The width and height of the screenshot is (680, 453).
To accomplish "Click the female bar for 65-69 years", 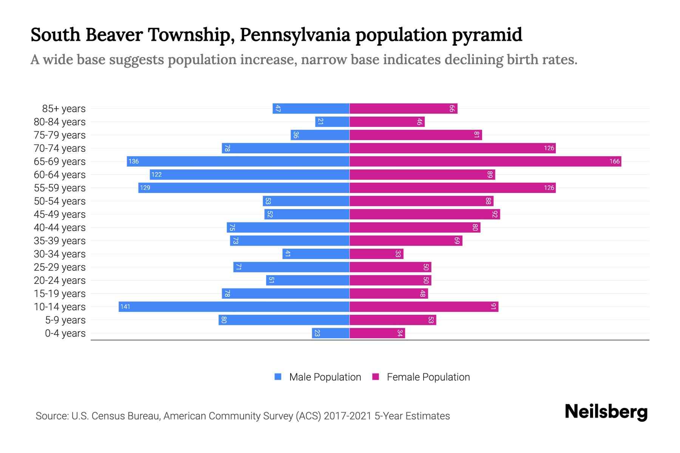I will tap(485, 162).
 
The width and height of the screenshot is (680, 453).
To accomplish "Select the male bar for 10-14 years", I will tap(234, 307).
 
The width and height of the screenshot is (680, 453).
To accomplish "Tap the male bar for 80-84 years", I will tap(332, 122).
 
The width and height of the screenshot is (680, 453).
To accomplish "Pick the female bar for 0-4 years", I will tap(377, 333).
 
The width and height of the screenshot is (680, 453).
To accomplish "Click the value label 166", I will tap(614, 162).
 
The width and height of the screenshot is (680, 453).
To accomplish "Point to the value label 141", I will tap(125, 307).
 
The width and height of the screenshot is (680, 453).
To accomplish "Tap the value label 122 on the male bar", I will tap(156, 175).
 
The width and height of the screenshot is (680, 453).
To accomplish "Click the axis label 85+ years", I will tap(64, 109).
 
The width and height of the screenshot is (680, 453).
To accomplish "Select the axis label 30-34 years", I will tap(60, 254).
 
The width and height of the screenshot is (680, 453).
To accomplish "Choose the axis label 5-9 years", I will tap(65, 320).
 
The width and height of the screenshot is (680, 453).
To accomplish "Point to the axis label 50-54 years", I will tap(60, 201).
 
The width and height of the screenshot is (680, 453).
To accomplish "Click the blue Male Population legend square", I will tap(278, 377).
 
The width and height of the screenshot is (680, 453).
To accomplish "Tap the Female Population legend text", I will tap(428, 377).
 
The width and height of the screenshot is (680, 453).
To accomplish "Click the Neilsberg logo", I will tap(606, 412).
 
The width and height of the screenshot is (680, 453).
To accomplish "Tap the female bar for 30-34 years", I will tap(376, 254).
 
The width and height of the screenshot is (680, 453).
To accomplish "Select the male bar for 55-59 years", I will tap(244, 188).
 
